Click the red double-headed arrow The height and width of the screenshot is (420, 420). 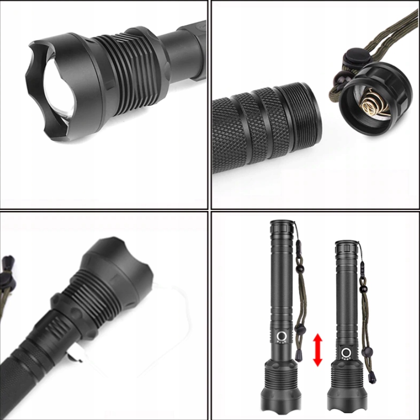[318, 349]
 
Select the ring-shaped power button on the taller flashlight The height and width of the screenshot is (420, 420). [281, 336]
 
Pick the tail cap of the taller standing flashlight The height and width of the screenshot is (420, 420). [282, 225]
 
